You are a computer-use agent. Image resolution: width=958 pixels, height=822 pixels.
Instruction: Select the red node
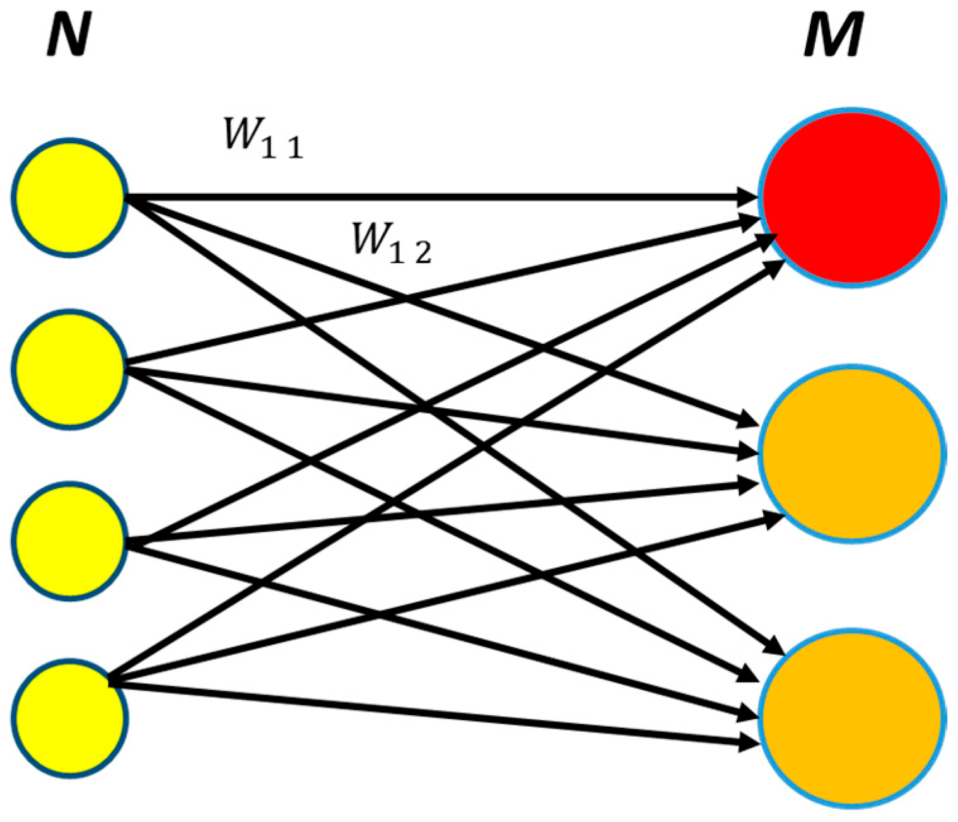click(x=851, y=197)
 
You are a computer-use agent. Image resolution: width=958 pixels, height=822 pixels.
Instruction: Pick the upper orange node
click(x=851, y=453)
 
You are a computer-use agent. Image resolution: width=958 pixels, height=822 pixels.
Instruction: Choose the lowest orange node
click(x=851, y=717)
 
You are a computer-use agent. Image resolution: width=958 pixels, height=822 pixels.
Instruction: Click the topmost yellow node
click(x=69, y=197)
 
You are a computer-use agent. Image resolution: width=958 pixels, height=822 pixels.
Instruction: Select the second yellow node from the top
click(x=69, y=370)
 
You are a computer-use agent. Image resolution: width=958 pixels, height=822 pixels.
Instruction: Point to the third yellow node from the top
click(x=69, y=541)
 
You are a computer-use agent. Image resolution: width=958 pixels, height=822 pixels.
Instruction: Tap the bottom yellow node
click(x=69, y=717)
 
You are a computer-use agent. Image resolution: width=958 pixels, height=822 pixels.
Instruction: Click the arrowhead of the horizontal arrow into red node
click(x=748, y=197)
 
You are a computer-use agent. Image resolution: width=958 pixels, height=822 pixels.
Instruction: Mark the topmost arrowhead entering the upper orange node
click(x=748, y=421)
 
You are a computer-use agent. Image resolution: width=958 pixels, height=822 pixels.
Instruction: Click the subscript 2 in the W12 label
click(x=423, y=254)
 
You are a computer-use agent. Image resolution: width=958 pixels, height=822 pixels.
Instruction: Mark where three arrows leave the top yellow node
click(x=129, y=199)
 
